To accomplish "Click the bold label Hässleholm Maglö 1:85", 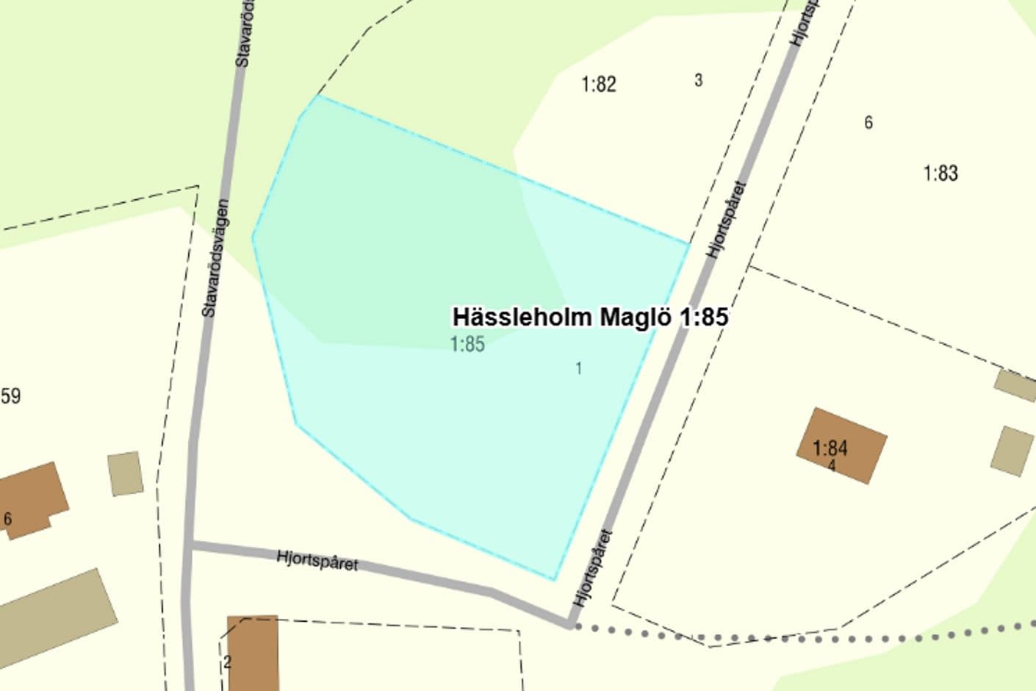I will click(590, 317).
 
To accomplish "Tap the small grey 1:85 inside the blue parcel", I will click(467, 344).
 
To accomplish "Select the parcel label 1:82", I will click(599, 85).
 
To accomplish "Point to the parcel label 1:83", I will click(940, 173).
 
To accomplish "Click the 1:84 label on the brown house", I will click(830, 447).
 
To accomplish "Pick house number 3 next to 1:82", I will click(698, 80).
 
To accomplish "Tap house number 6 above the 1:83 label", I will click(868, 123).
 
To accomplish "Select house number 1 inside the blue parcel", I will click(579, 368).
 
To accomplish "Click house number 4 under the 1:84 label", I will click(832, 466).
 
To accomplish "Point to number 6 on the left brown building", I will click(8, 519).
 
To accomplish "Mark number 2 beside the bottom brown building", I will click(227, 662).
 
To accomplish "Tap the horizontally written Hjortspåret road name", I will click(317, 560).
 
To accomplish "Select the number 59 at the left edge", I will click(10, 397).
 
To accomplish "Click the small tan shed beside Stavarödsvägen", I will click(125, 473).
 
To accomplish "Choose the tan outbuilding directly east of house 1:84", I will click(1012, 451).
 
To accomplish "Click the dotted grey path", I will click(808, 637).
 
